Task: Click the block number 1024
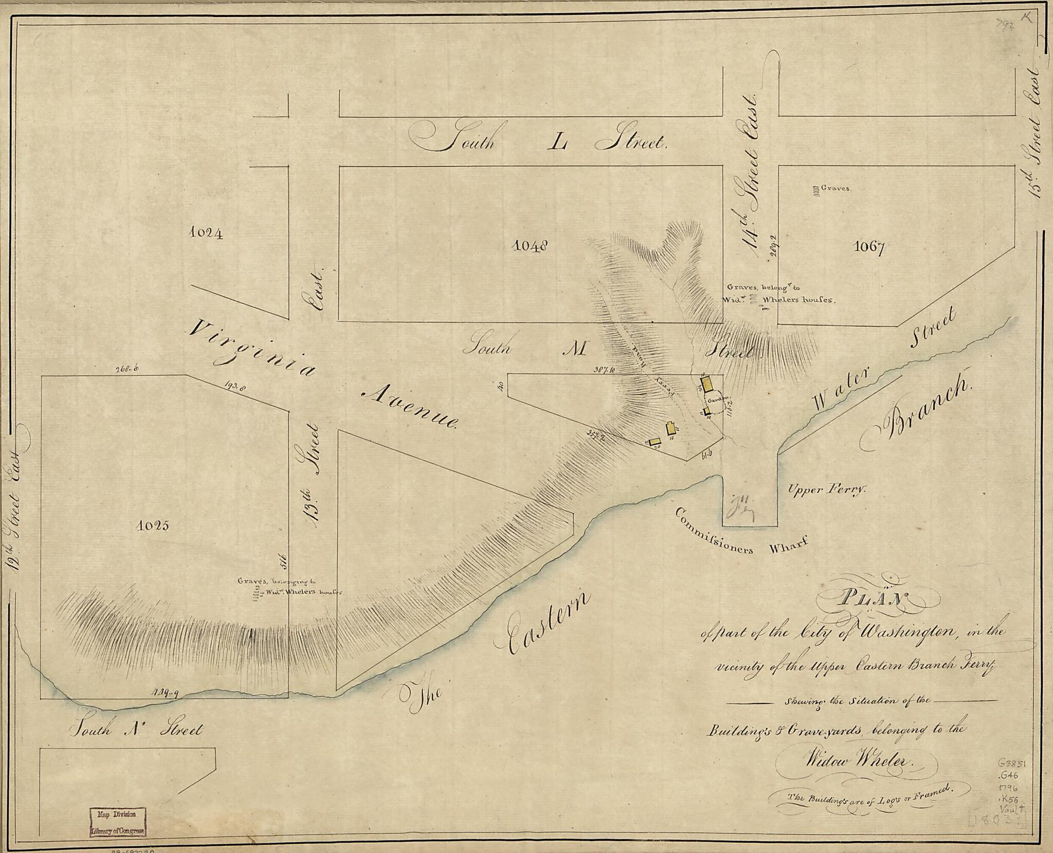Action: click(x=206, y=233)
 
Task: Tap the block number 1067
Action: click(x=869, y=248)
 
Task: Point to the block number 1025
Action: click(x=153, y=525)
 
